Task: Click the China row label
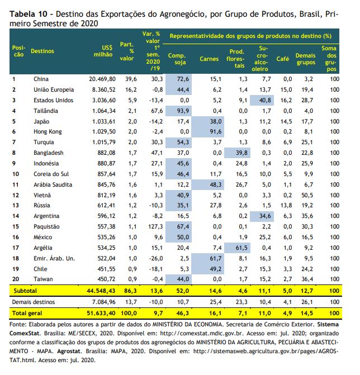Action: point(41,79)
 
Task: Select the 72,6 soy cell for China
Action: point(178,79)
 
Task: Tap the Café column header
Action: point(283,59)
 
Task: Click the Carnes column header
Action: point(209,59)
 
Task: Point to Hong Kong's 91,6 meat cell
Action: point(208,131)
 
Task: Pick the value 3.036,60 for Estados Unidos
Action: point(104,100)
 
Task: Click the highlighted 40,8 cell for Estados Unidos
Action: point(262,100)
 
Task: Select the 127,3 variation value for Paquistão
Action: point(155,226)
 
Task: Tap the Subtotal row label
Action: point(25,291)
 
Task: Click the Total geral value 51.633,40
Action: point(101,313)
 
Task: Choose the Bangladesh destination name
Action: point(49,153)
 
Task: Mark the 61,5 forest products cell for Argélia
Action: point(237,248)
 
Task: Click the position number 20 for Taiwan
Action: point(16,279)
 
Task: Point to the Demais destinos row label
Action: point(34,302)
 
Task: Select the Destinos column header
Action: point(42,51)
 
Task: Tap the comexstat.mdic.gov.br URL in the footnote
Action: point(202,334)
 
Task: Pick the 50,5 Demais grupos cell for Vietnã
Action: point(307,195)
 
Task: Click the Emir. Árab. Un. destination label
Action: point(54,258)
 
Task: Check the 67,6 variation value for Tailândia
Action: point(157,111)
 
